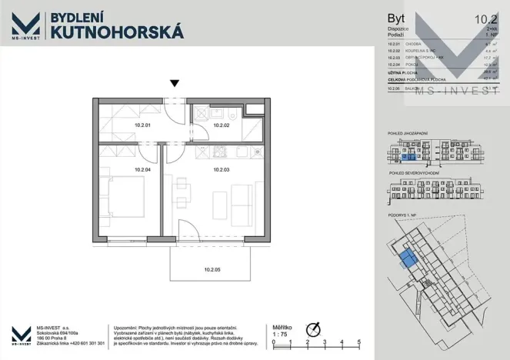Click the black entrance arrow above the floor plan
175,84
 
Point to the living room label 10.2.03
222,169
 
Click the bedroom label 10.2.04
142,169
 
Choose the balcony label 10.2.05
214,270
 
